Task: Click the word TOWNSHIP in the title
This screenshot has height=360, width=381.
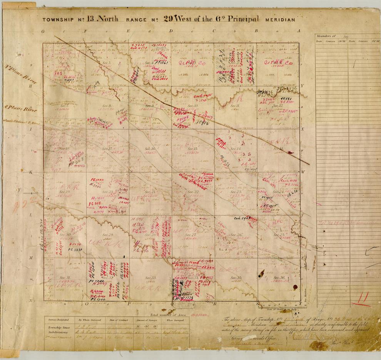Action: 57,19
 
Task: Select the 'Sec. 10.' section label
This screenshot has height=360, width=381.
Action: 192,105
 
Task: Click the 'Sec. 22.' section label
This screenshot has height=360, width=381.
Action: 193,192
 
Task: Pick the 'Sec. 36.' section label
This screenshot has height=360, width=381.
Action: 279,278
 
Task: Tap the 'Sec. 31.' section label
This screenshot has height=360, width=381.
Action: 65,278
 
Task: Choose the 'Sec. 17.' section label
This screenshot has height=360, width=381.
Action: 107,149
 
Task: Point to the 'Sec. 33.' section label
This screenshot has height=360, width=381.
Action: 150,278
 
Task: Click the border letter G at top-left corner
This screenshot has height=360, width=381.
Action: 43,31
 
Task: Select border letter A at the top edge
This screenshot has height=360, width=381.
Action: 297,31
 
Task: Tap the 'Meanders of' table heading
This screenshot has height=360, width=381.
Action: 326,36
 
